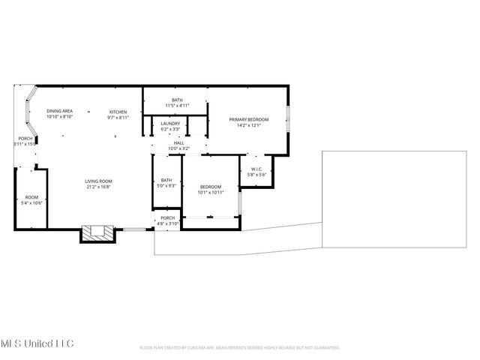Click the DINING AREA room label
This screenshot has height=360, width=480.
(x=58, y=110)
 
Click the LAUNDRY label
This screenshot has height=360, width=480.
(x=170, y=123)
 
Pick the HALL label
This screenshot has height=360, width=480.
(x=178, y=142)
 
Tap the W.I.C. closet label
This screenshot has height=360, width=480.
(x=256, y=169)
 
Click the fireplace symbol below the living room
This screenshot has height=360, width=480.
(x=98, y=232)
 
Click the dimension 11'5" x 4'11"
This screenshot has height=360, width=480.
(x=177, y=106)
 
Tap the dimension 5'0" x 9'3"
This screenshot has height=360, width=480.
(x=166, y=186)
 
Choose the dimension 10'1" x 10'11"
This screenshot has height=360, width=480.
(x=211, y=193)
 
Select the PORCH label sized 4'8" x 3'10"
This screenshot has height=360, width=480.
(x=167, y=217)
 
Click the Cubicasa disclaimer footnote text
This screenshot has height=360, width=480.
(x=240, y=348)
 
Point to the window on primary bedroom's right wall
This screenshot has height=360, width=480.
(x=289, y=120)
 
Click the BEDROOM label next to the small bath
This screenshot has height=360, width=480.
(x=211, y=187)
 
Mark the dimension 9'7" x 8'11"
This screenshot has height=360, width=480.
(x=118, y=116)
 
